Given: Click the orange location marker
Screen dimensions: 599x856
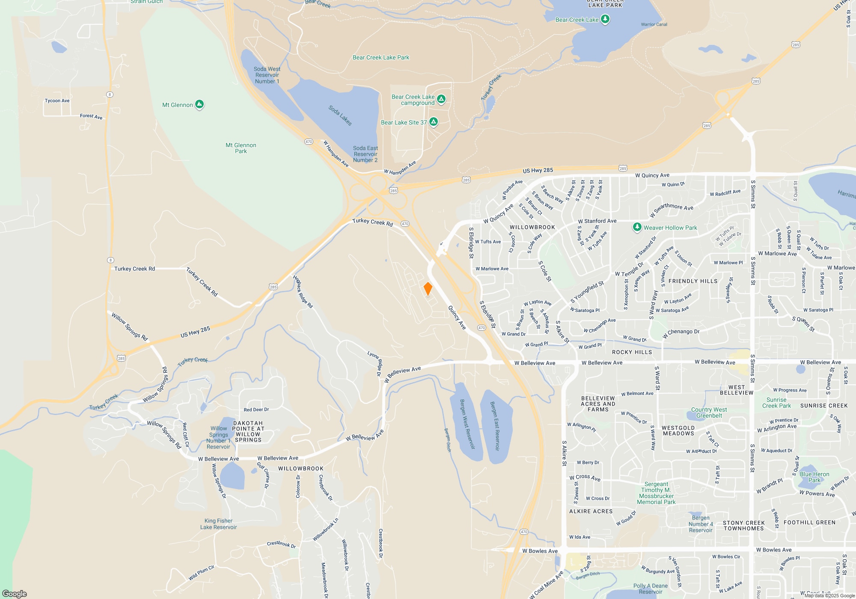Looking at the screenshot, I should [x=428, y=289].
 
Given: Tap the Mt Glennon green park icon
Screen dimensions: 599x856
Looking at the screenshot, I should [x=199, y=104].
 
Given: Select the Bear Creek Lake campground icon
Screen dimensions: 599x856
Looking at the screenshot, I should [x=441, y=99].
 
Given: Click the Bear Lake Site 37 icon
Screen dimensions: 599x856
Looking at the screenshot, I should [x=434, y=122].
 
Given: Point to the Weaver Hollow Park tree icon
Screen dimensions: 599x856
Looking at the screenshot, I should [x=637, y=227].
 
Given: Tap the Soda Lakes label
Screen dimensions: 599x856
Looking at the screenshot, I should [x=340, y=115].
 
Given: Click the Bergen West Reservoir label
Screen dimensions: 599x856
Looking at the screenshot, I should [x=467, y=424].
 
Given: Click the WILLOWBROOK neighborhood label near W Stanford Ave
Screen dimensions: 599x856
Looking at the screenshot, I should [x=532, y=227].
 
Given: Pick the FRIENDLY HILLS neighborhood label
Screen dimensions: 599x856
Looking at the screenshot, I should [x=693, y=281].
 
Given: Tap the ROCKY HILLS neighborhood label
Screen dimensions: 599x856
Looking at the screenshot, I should [x=632, y=352].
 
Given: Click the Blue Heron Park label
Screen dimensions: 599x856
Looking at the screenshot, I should [x=814, y=477].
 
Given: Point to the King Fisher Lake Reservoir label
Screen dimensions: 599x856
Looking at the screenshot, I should [x=218, y=524].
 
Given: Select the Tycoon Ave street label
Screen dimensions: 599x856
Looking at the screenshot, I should [x=57, y=101].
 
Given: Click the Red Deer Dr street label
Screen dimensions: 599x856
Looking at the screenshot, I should [x=256, y=409].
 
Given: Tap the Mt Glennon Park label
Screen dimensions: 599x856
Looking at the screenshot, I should [x=241, y=148].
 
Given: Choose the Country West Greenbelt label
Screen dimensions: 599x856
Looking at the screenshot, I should [x=709, y=412].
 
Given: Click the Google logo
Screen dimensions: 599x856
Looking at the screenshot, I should [x=15, y=594].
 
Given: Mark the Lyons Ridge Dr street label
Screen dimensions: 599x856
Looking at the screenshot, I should [x=374, y=364].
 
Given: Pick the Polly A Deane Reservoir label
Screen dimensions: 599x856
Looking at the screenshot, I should [x=651, y=589].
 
